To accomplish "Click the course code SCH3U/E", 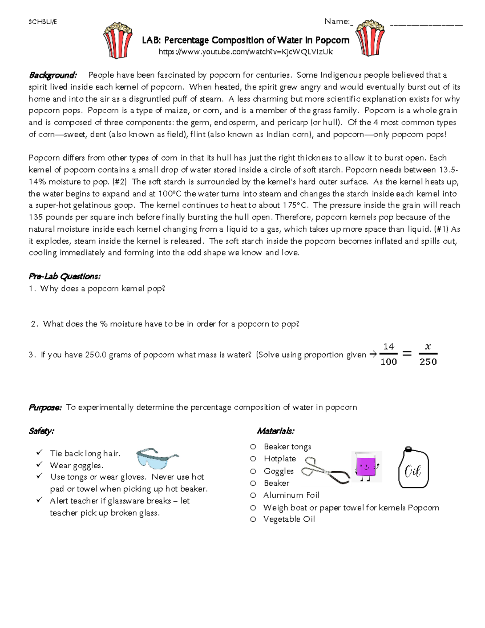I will point(42,22).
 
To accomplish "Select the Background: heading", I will point(53,75).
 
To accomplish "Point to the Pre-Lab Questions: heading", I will point(64,277).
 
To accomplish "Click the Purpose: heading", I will point(45,408).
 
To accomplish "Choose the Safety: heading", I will point(41,431).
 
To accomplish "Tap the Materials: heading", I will point(276,431).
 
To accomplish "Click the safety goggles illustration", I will point(157,458).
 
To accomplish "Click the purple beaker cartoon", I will point(366,467).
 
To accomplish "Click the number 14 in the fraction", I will point(388,347).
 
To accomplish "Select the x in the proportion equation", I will point(428,347).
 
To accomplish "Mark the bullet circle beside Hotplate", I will point(253,459).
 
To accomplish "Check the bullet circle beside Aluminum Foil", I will point(253,495).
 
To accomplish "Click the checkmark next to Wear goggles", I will point(39,465).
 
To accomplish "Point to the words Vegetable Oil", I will point(289,519).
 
